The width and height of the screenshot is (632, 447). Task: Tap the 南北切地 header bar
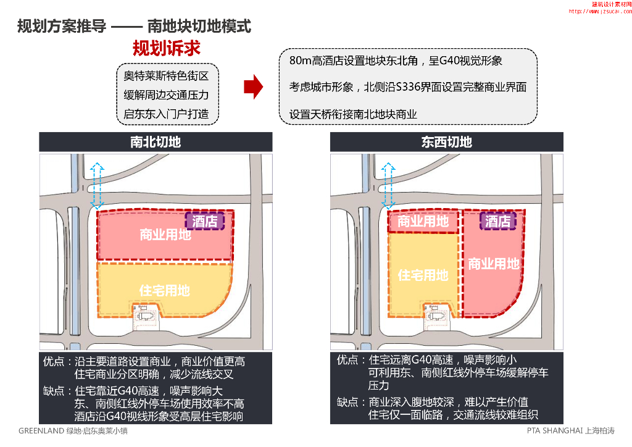tap(156, 142)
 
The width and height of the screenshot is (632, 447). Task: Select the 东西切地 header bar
tap(446, 142)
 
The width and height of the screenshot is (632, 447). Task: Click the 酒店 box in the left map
tap(204, 220)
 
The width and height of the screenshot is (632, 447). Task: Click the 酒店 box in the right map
tap(497, 221)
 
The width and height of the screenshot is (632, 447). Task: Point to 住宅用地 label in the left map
tap(164, 290)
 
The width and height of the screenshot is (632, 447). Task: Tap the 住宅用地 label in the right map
tap(423, 274)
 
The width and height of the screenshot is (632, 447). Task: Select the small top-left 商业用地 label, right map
tap(423, 221)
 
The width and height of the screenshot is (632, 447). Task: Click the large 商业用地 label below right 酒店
tap(494, 264)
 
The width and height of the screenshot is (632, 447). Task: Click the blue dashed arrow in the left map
tap(94, 185)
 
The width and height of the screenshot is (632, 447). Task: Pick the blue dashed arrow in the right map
tap(388, 185)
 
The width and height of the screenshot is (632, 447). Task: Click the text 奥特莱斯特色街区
tap(166, 76)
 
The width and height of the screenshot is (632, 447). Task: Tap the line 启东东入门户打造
tap(166, 114)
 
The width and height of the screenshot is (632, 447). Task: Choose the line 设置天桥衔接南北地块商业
tap(353, 114)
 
